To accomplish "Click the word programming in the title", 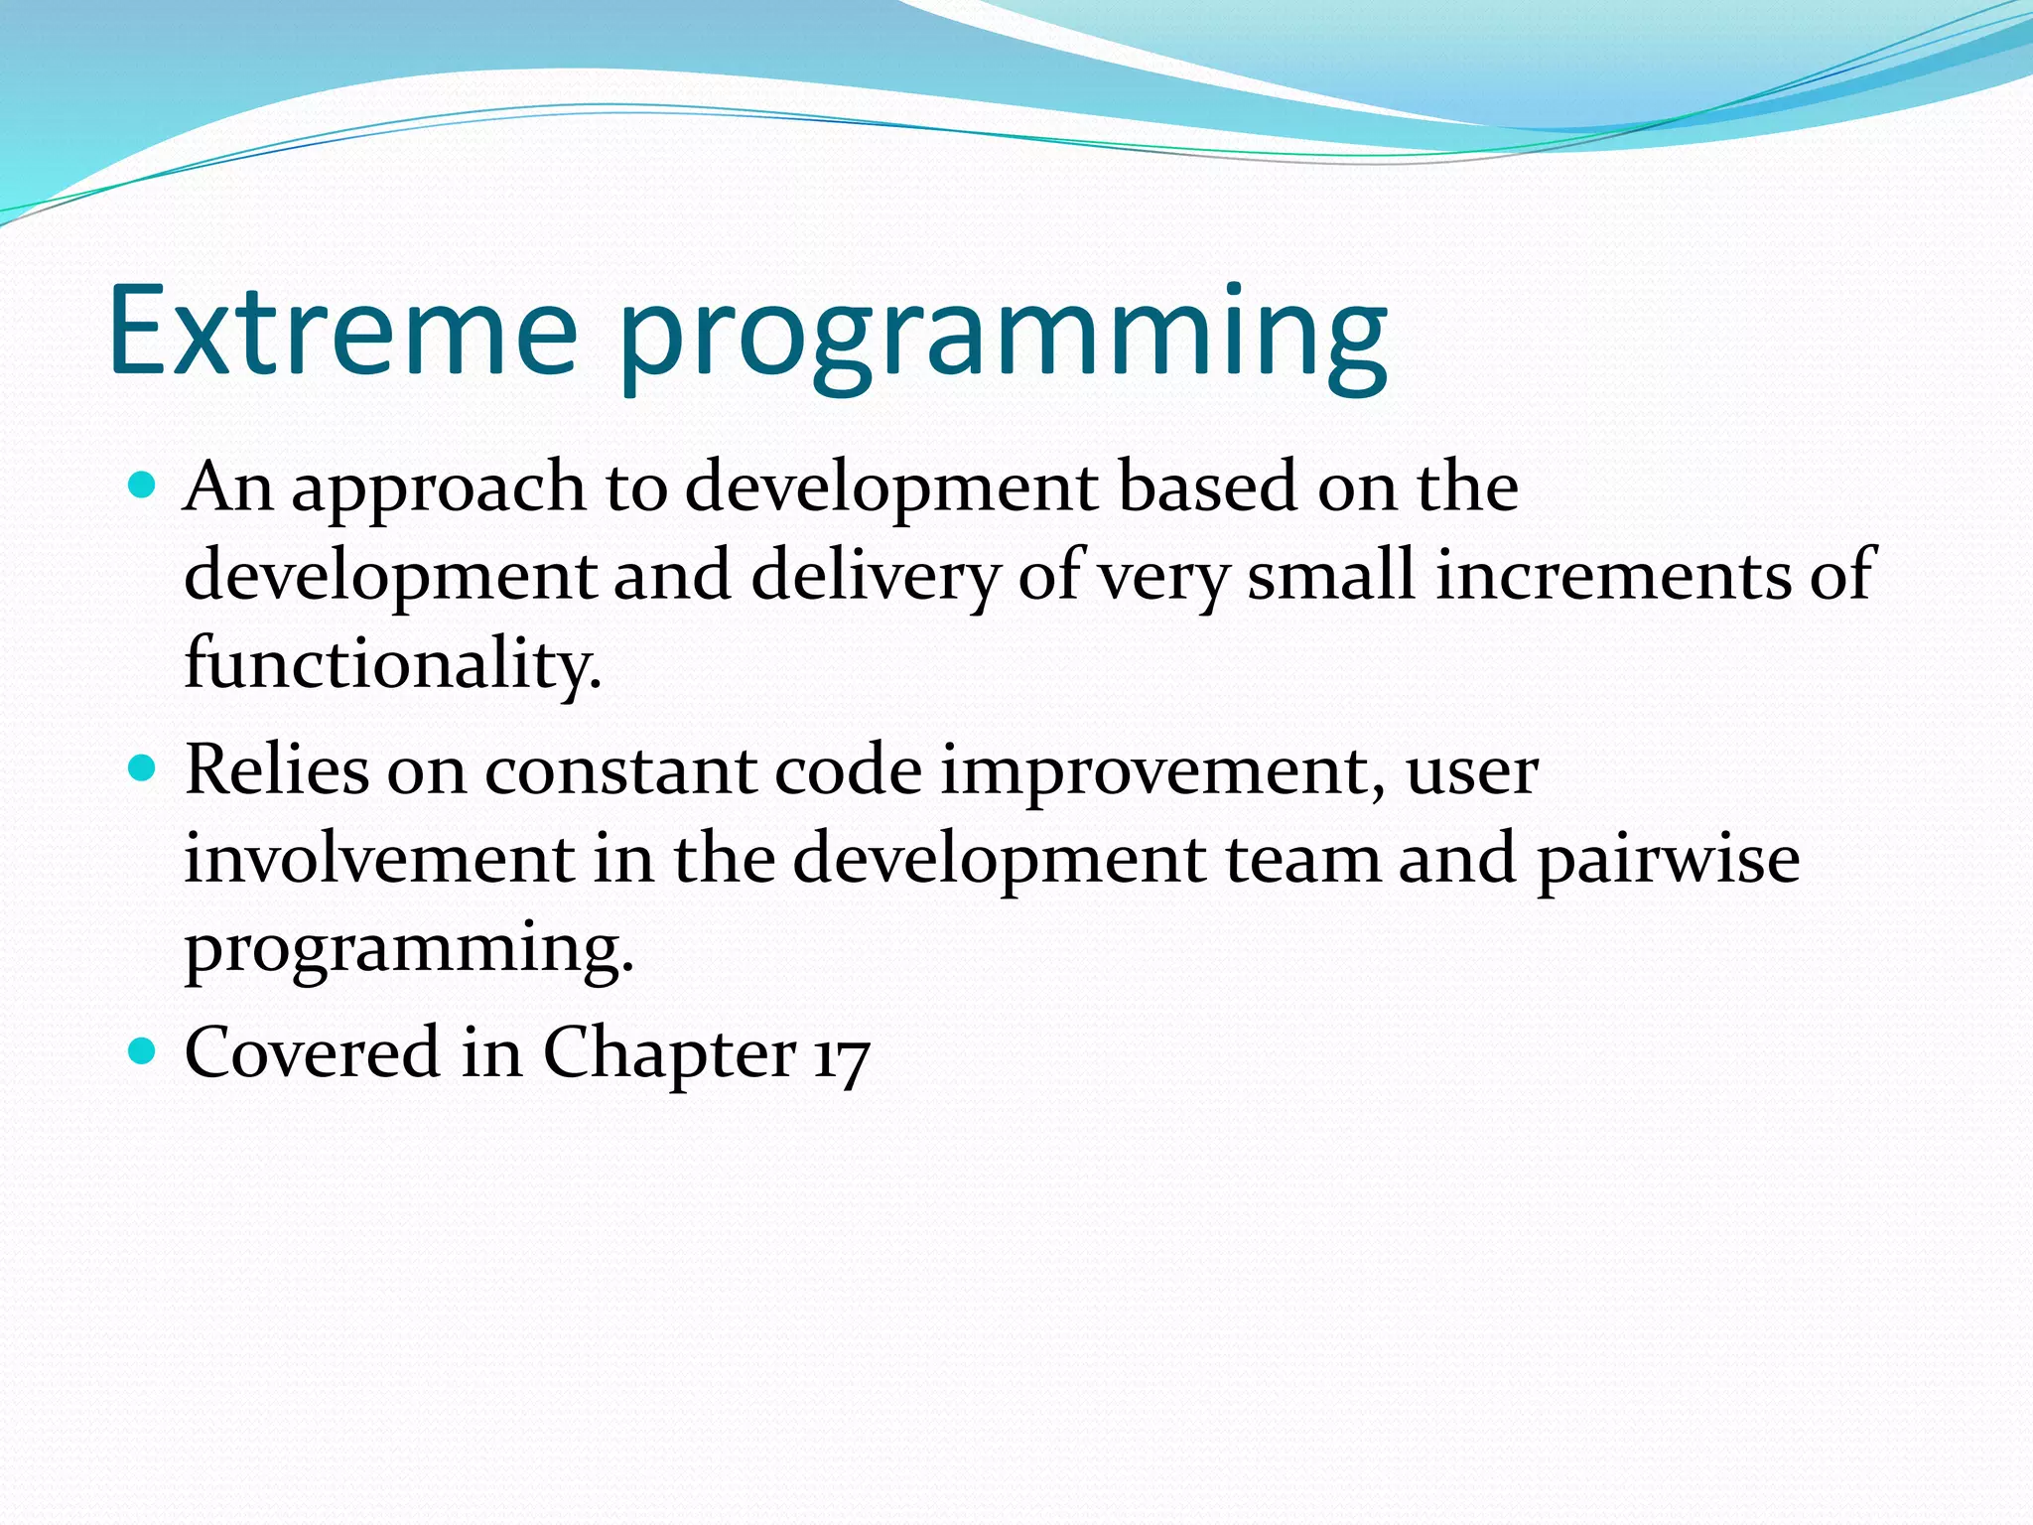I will click(1003, 338).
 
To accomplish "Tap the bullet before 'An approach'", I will click(143, 485).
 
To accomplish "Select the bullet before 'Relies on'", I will click(143, 768).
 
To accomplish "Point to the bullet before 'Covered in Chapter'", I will click(143, 1051).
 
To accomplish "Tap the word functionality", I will click(392, 663).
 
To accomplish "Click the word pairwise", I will click(1668, 860).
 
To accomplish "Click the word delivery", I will click(875, 577).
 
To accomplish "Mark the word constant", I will click(619, 771).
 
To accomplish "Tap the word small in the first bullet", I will click(1330, 576).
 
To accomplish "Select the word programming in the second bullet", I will click(408, 949).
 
